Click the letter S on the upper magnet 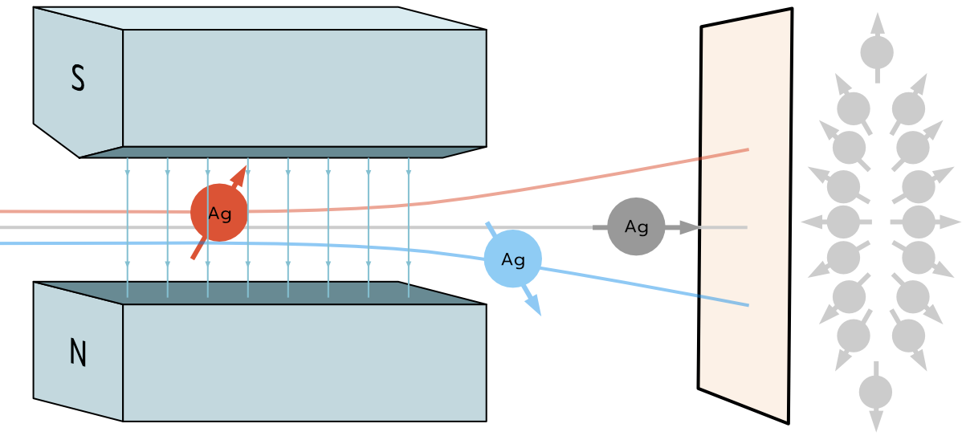tap(78, 78)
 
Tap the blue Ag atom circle tap(512, 259)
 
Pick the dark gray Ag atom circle tap(636, 227)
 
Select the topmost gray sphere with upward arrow tap(876, 53)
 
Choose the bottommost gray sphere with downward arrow tap(875, 393)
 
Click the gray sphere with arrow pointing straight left tap(842, 221)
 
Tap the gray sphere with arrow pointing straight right tap(908, 221)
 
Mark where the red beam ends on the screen tap(747, 149)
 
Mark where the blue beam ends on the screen tap(747, 305)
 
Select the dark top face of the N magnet tap(257, 292)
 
